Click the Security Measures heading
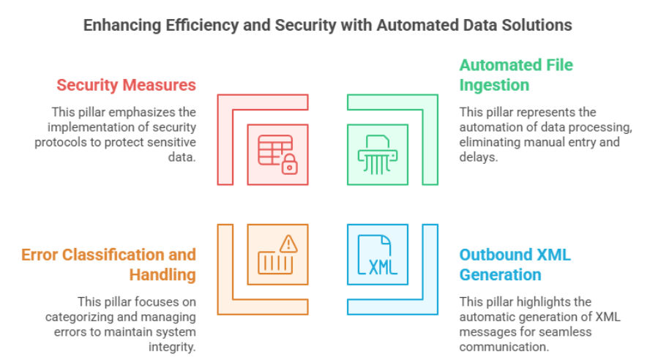tap(127, 85)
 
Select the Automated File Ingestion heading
tap(516, 75)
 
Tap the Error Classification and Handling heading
tap(108, 264)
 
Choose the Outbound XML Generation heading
tap(515, 264)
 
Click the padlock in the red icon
tap(290, 164)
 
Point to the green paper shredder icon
tap(378, 154)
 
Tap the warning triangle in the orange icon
tap(288, 244)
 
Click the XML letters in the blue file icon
tap(383, 267)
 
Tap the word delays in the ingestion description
tap(479, 157)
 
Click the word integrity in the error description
tap(172, 347)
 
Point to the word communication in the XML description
tap(504, 347)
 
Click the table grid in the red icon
tap(274, 150)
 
